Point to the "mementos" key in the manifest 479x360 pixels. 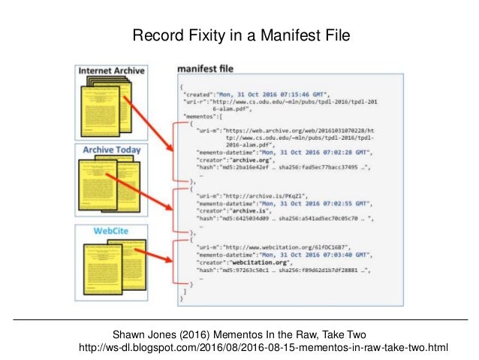coord(202,116)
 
